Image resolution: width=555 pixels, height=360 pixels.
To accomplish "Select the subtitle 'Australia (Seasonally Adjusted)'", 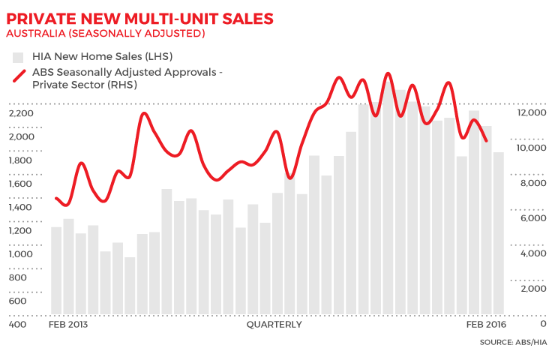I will (x=105, y=34).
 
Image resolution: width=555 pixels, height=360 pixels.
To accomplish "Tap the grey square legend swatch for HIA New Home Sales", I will (x=17, y=56).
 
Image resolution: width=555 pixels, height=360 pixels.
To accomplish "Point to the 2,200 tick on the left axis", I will (x=22, y=113).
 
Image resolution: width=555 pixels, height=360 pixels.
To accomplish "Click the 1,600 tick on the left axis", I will (x=22, y=184).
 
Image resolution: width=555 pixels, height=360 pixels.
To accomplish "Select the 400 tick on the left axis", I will (x=18, y=324).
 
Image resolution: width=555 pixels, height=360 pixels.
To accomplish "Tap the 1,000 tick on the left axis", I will (x=22, y=254).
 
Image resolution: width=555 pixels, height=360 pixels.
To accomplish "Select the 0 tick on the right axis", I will (x=543, y=324).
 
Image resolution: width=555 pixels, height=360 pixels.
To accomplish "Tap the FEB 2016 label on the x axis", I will (x=484, y=325).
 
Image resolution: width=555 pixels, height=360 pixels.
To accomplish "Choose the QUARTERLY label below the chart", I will (x=274, y=325).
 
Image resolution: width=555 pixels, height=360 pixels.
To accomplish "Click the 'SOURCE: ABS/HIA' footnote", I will (x=513, y=343).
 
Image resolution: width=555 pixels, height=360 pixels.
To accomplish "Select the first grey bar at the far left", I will (x=56, y=270).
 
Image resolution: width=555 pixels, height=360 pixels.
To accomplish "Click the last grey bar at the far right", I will (x=498, y=232).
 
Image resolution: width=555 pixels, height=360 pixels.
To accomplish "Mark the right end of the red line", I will (x=487, y=140).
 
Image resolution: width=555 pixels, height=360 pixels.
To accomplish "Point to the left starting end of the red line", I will (x=56, y=199).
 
